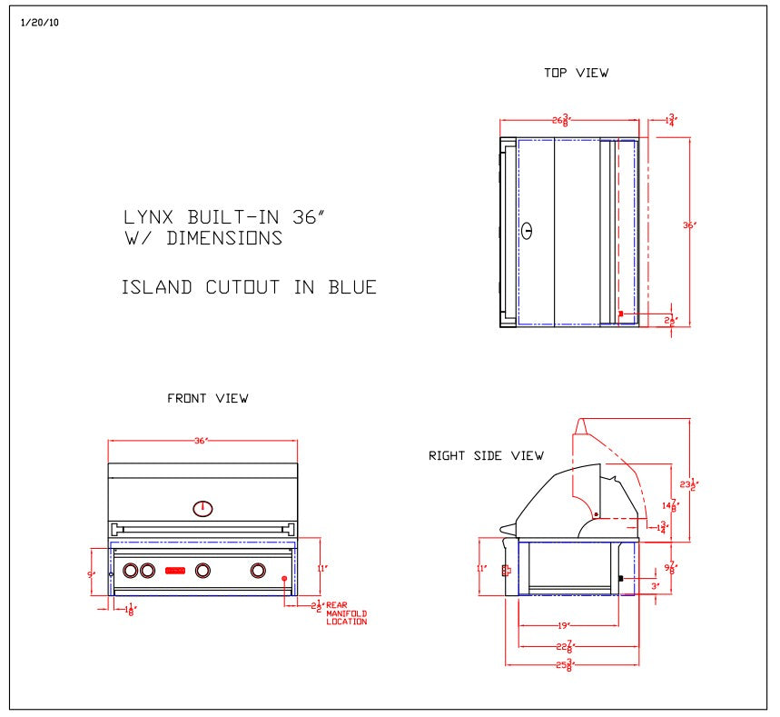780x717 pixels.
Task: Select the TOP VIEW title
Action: [576, 74]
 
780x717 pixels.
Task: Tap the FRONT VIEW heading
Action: [207, 398]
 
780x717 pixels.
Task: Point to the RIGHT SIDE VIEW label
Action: [486, 455]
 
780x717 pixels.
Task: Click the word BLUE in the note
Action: [353, 288]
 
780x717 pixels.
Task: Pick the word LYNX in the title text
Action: [151, 217]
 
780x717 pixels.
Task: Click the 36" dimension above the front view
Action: [201, 441]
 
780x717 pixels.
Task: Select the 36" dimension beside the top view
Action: [689, 225]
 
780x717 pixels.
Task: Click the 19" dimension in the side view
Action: [563, 625]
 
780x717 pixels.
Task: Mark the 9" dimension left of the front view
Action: [90, 574]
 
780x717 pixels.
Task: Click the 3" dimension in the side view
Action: [655, 586]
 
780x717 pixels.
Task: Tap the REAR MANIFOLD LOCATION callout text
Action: [346, 613]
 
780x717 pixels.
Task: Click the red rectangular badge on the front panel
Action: [175, 571]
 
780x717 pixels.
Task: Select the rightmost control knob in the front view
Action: [259, 571]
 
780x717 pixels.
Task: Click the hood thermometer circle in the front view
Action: [203, 508]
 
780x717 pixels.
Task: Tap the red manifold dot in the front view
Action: [284, 579]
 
